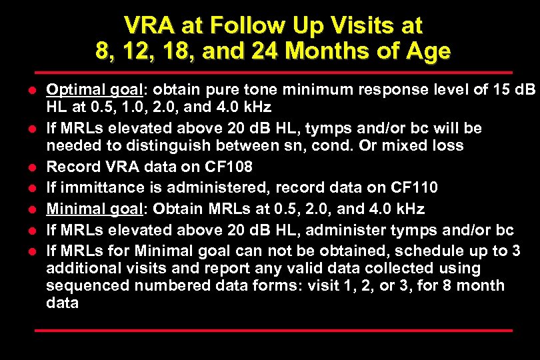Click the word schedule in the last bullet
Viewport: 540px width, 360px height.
coord(419,251)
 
